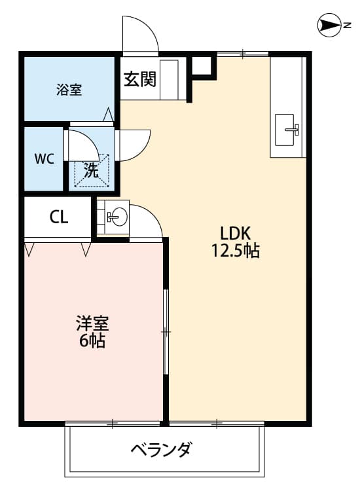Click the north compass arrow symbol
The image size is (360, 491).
click(x=328, y=26)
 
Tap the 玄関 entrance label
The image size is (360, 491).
click(x=140, y=79)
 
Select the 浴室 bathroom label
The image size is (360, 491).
click(x=69, y=90)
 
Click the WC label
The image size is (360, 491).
click(x=45, y=158)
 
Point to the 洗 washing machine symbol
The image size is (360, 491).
click(x=92, y=172)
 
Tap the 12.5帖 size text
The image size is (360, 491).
click(x=235, y=250)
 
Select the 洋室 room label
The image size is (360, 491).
click(x=92, y=323)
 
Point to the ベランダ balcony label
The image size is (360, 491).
click(x=161, y=450)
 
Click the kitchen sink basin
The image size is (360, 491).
click(x=287, y=129)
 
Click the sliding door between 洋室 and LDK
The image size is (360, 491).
click(x=166, y=332)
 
